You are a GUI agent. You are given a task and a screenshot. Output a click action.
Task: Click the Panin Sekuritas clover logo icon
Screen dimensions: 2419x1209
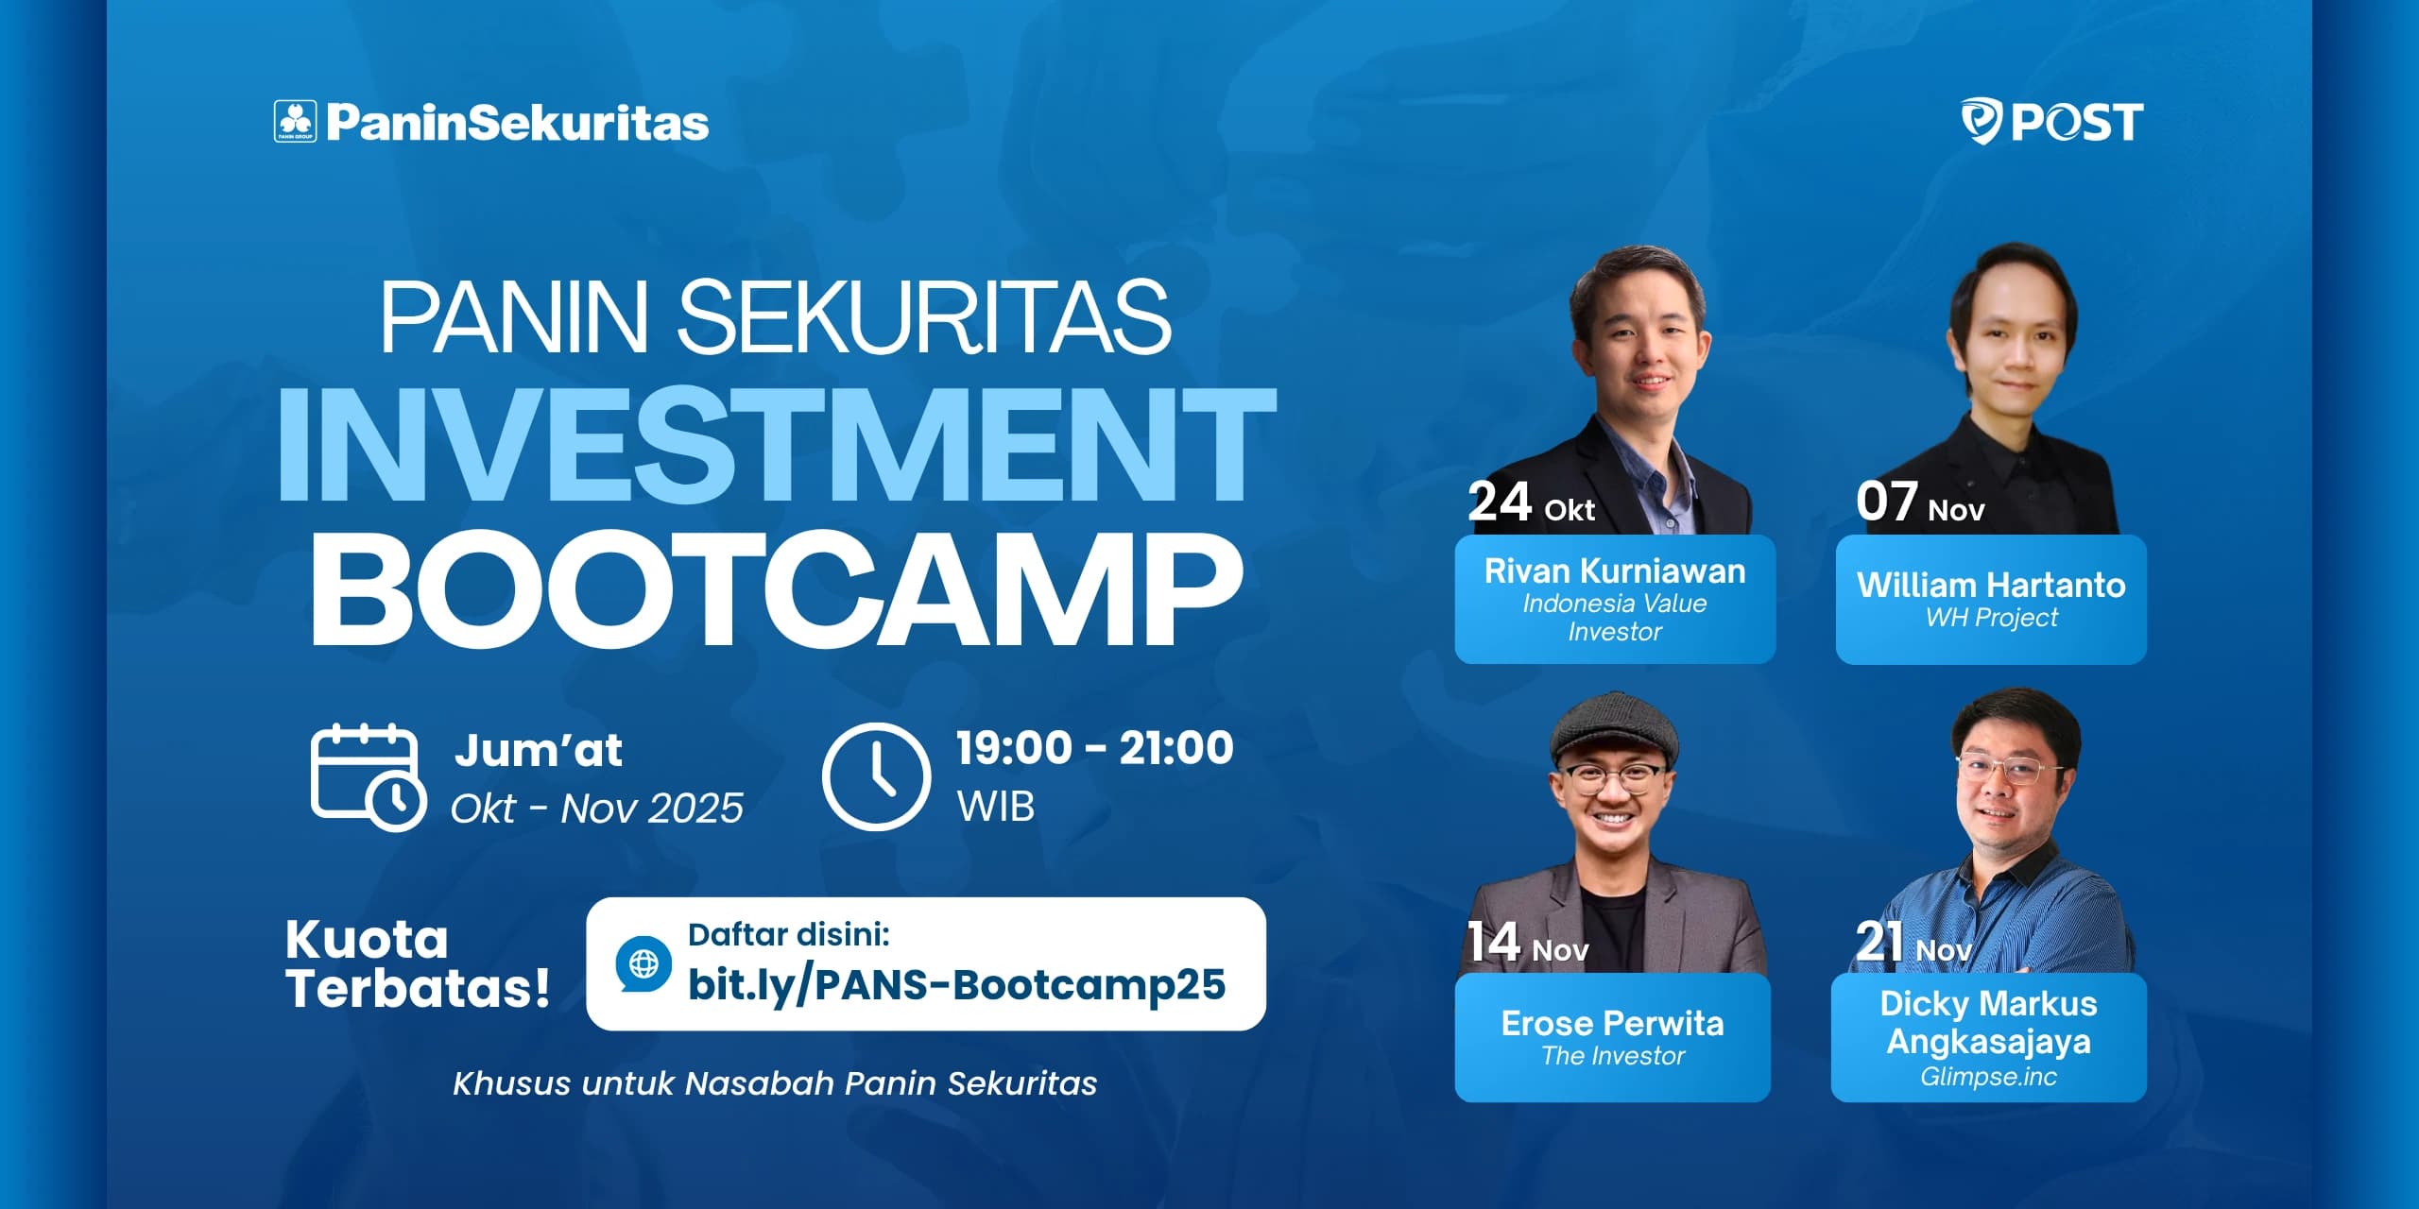[x=295, y=122]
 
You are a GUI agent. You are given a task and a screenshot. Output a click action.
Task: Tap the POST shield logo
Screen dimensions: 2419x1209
[x=1982, y=121]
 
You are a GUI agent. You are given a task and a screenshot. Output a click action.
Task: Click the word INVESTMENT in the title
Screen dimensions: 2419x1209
[x=776, y=444]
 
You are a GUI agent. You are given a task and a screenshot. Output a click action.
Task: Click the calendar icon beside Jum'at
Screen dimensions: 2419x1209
[x=368, y=777]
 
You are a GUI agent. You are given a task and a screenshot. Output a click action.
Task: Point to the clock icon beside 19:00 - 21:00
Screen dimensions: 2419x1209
[x=876, y=776]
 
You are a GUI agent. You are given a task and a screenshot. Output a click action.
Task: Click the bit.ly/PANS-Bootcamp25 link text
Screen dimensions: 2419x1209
[x=956, y=985]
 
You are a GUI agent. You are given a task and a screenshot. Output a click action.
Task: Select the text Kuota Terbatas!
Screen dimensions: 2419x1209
[x=418, y=964]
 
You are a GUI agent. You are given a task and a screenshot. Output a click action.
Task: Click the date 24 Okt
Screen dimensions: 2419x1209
[x=1531, y=502]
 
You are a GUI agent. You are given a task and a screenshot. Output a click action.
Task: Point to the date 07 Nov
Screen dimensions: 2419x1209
[x=1920, y=502]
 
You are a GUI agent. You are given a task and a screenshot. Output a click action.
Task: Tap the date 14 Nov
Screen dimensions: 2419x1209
[x=1527, y=943]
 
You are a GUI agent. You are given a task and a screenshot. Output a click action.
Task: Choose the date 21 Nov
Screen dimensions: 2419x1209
[x=1913, y=943]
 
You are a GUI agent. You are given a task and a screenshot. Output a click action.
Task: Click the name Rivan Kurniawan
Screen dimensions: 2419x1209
[x=1615, y=571]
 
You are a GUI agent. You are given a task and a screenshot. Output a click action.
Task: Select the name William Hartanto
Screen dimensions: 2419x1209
[x=1991, y=585]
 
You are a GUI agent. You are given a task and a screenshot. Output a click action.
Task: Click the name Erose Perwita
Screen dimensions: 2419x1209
[x=1613, y=1024]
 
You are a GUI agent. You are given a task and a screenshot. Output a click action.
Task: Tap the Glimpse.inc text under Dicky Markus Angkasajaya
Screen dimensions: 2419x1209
[x=1988, y=1077]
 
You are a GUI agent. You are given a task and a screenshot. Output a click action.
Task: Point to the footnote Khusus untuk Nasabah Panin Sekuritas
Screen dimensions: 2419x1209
[x=775, y=1083]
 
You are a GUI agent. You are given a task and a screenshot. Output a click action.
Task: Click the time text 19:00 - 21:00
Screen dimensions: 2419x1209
[x=1094, y=748]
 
